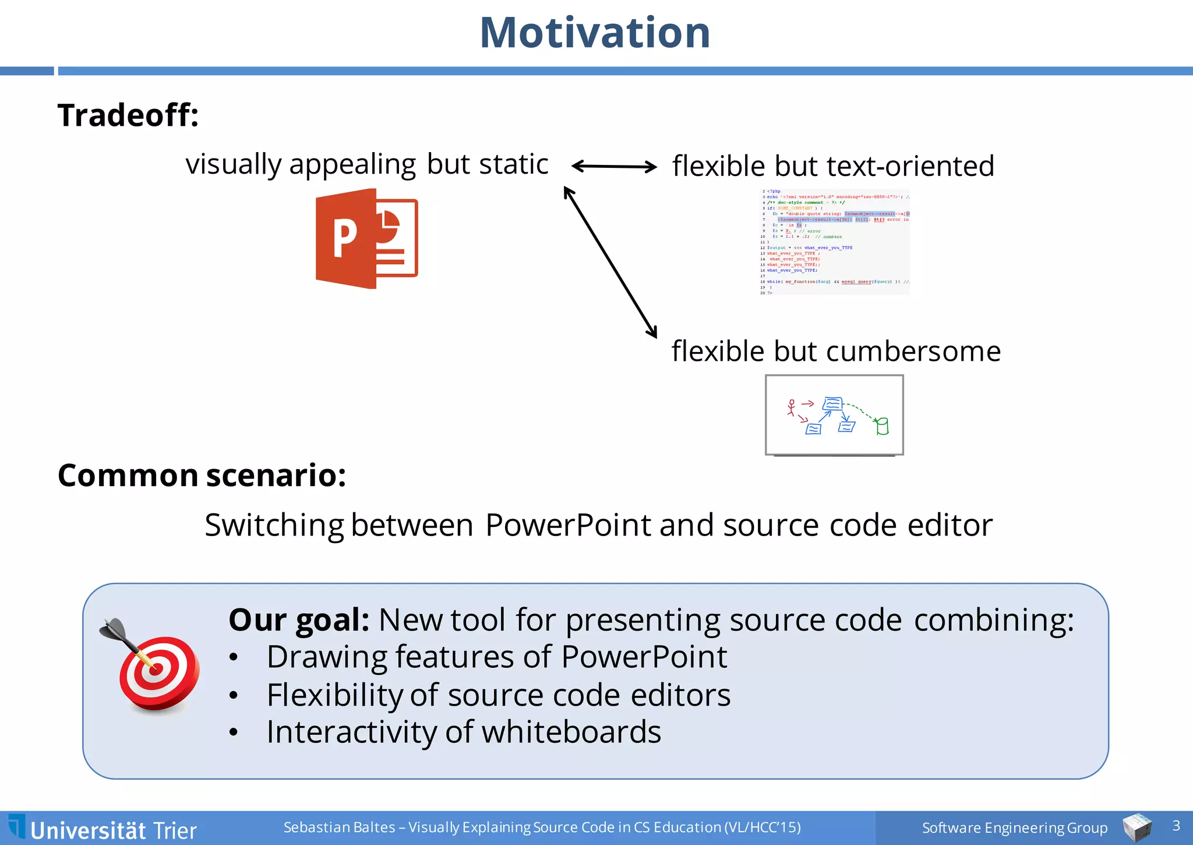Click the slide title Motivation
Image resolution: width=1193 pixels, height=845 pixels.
click(595, 33)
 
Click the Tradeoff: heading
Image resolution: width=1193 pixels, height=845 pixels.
click(128, 115)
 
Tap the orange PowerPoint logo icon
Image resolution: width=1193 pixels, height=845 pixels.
click(366, 238)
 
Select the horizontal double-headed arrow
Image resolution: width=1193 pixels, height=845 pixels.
click(614, 167)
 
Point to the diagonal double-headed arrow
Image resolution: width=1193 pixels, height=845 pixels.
click(610, 262)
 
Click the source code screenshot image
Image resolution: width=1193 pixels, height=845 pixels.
click(835, 242)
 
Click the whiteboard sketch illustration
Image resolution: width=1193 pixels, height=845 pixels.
click(834, 414)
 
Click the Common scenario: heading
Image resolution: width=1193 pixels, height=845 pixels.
click(202, 475)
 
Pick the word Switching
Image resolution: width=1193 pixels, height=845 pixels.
click(274, 525)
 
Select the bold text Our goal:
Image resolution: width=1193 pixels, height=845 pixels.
click(299, 619)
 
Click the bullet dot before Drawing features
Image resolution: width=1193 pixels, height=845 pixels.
click(234, 658)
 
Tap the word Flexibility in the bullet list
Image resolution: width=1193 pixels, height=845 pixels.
click(335, 695)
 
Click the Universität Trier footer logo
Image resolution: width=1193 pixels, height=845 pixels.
click(104, 829)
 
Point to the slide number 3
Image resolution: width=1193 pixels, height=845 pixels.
click(1176, 825)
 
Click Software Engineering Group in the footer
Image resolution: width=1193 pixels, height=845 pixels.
click(1014, 828)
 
